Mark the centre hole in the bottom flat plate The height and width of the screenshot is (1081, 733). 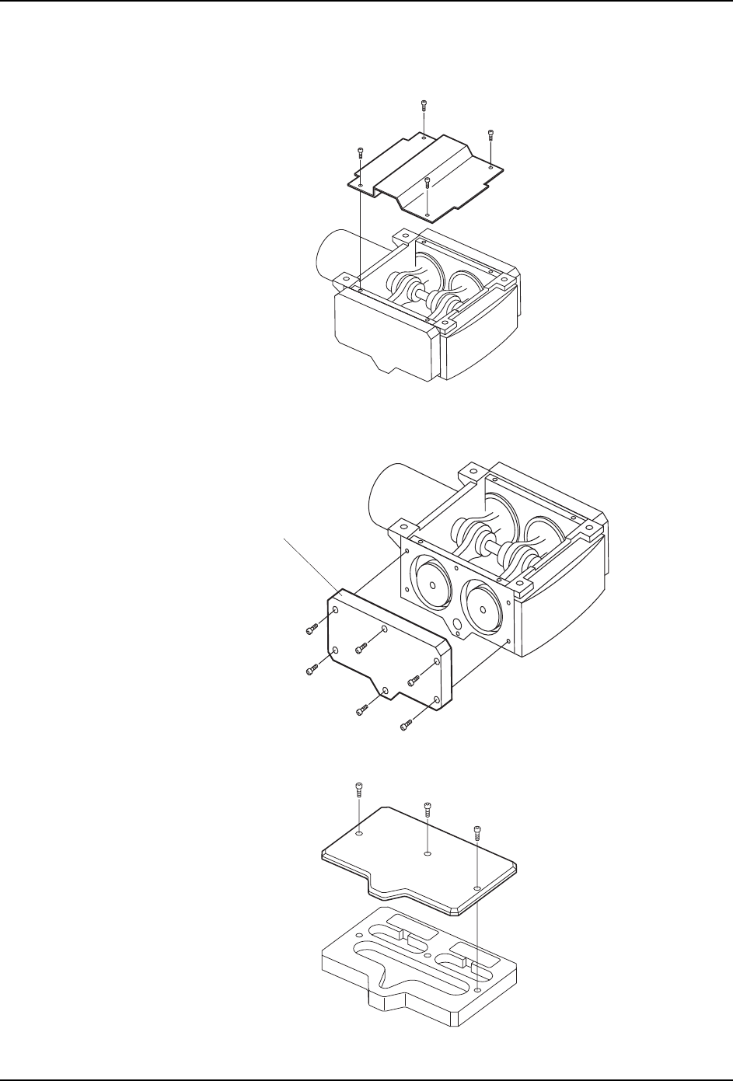pos(428,853)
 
